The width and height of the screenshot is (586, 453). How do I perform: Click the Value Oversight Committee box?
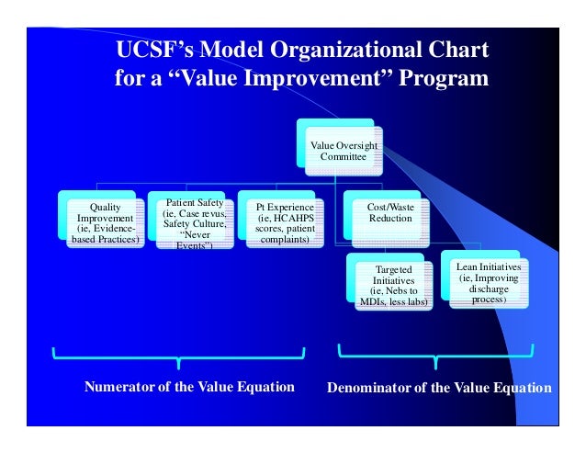point(342,151)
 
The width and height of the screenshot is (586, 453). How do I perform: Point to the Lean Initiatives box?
point(488,283)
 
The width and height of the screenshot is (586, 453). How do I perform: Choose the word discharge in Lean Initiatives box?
point(488,289)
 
